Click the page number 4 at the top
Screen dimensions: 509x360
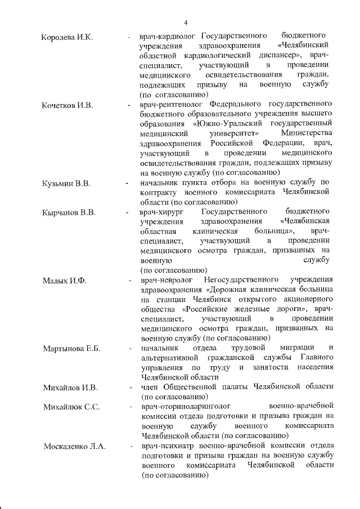click(185, 22)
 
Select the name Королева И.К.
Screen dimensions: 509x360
click(67, 37)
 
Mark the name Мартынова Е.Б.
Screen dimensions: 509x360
click(71, 348)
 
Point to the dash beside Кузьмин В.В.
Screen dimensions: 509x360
click(127, 183)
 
